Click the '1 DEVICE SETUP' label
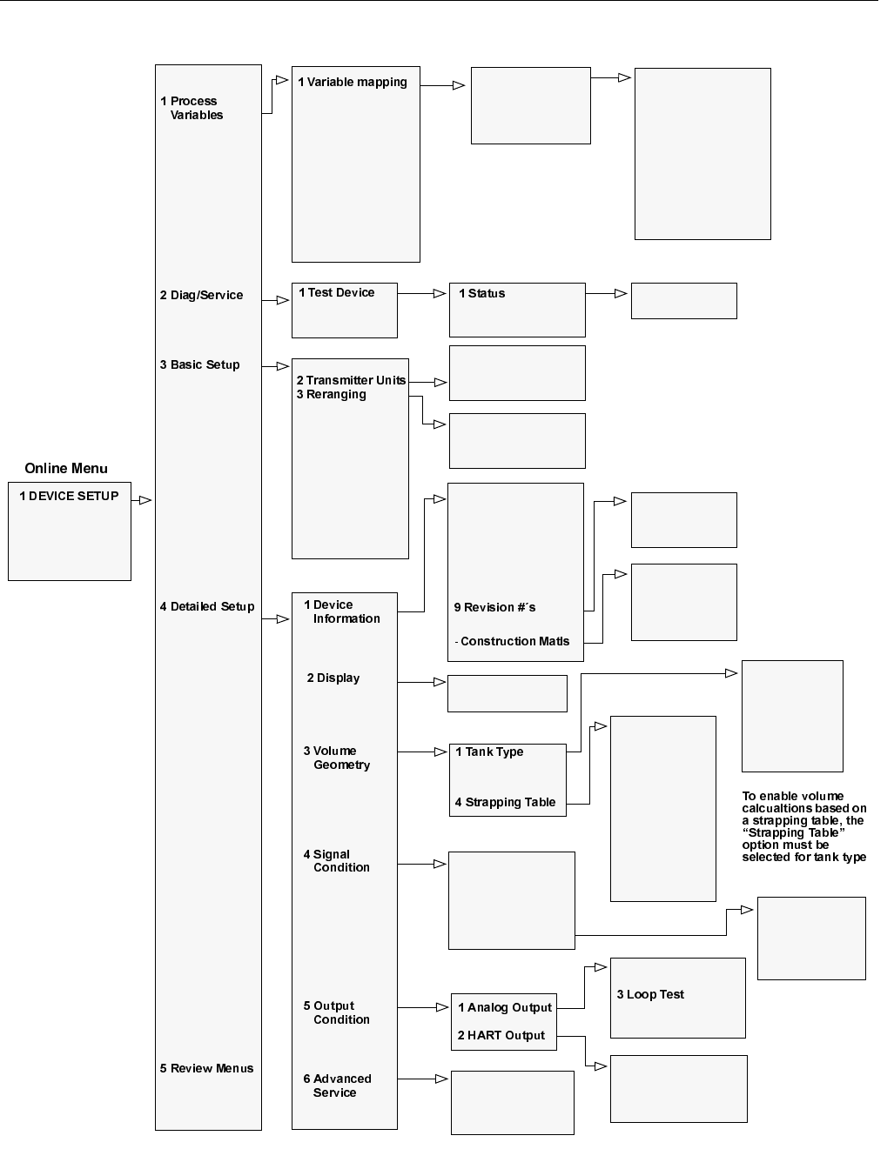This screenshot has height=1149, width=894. pos(70,496)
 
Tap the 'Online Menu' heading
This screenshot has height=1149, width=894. pos(66,468)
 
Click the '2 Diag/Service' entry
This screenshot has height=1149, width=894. pos(201,295)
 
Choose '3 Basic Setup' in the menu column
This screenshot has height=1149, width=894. pos(199,364)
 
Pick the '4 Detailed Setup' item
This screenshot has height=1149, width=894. pos(207,606)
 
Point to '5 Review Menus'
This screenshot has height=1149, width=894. pos(206,1068)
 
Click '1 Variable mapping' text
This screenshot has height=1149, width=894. pos(353,82)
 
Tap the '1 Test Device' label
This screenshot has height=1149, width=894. pos(337,292)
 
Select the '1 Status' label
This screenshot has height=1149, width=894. pos(482,293)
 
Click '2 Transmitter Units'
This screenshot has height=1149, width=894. pos(351,380)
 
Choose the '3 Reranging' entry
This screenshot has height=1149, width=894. pos(332,394)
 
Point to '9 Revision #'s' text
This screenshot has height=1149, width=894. pos(494,607)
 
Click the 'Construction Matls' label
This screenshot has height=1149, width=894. pos(514,641)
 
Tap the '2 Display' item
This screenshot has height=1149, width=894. pos(333,678)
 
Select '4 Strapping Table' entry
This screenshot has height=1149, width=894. pos(505,802)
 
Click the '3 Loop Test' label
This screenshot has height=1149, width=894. pos(650,994)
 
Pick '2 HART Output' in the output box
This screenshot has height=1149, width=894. pos(501,1035)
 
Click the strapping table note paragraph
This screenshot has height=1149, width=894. pos(803,826)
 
